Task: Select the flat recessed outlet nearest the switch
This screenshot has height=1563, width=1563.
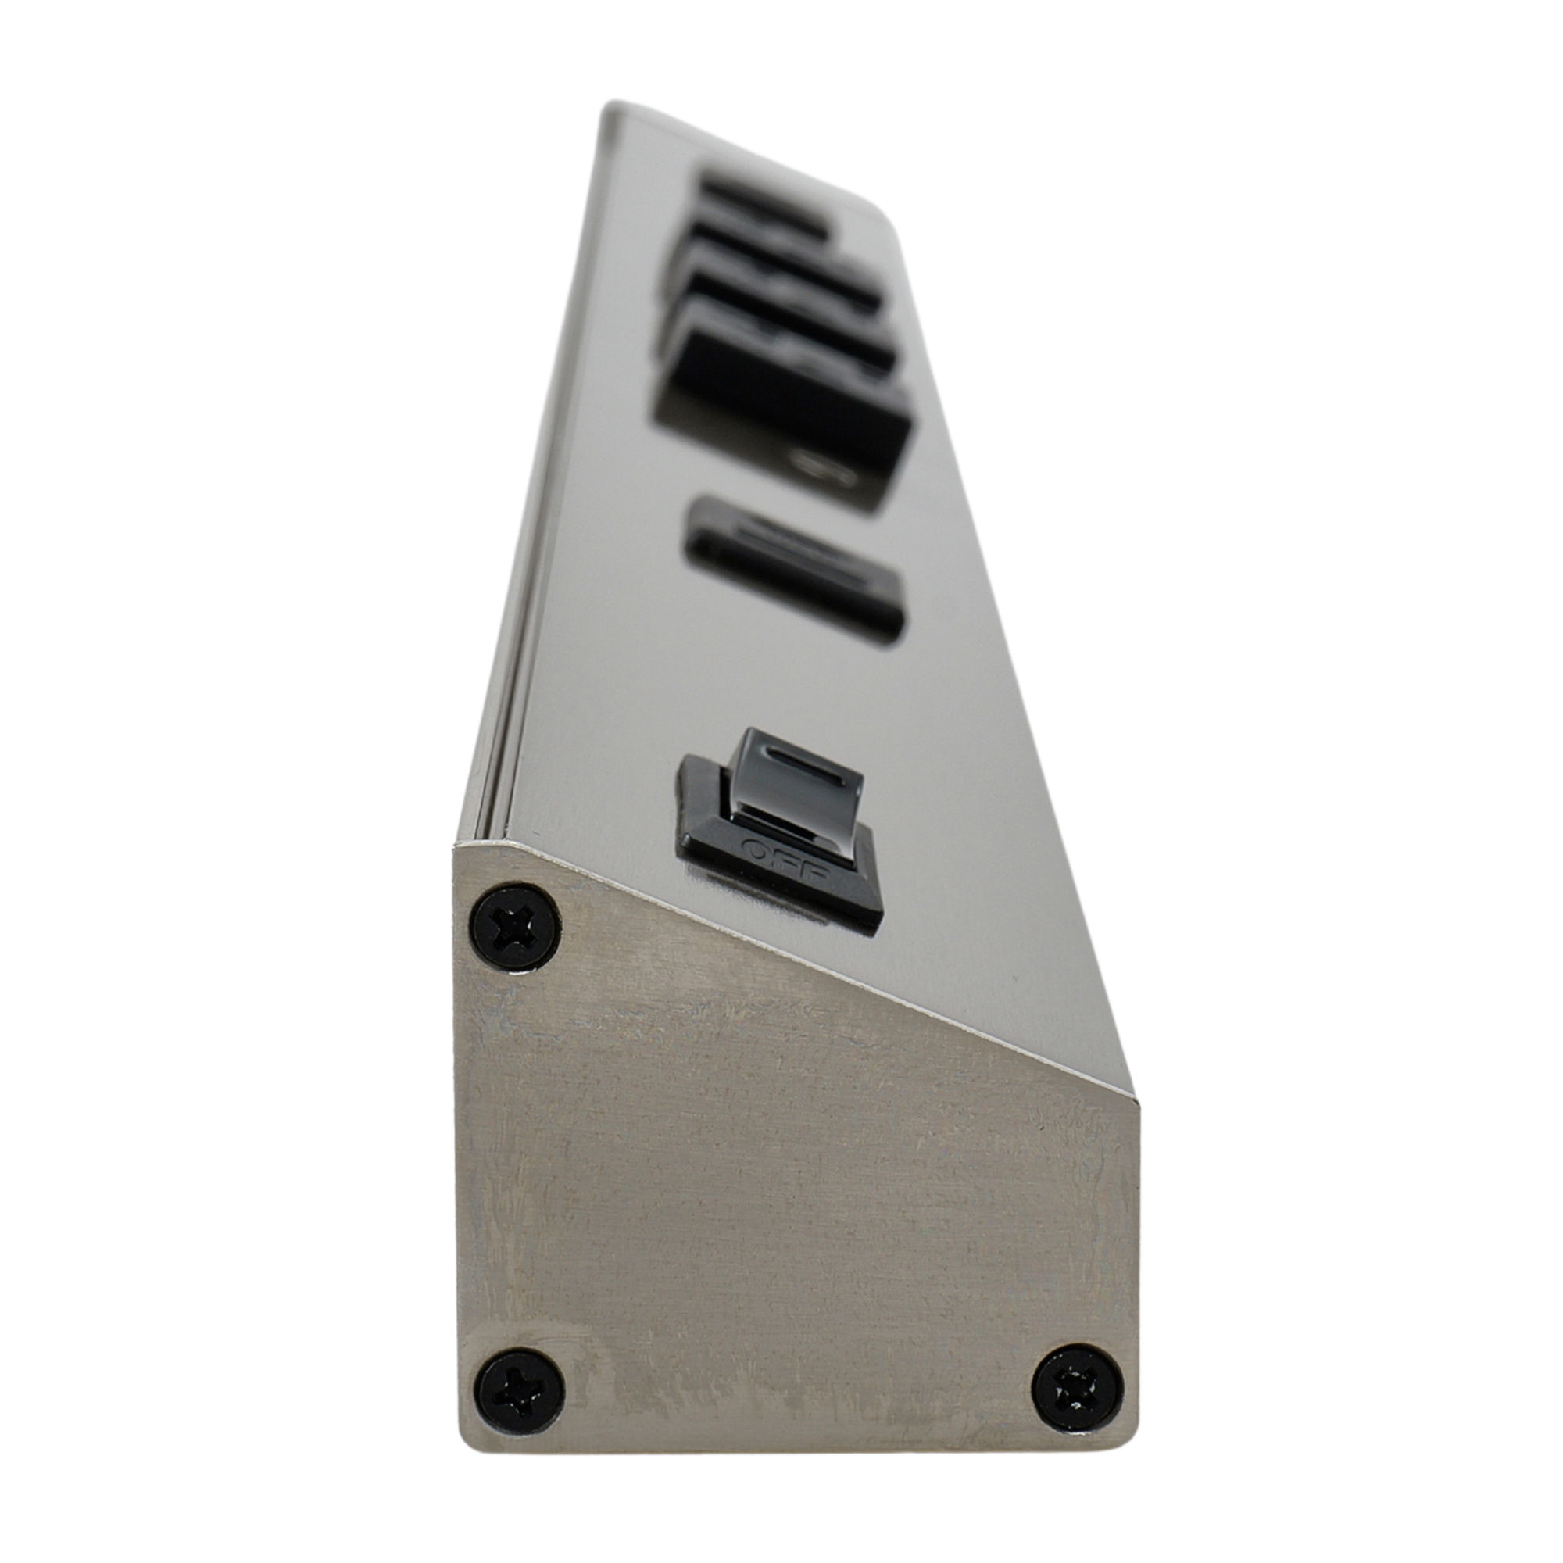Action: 795,571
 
